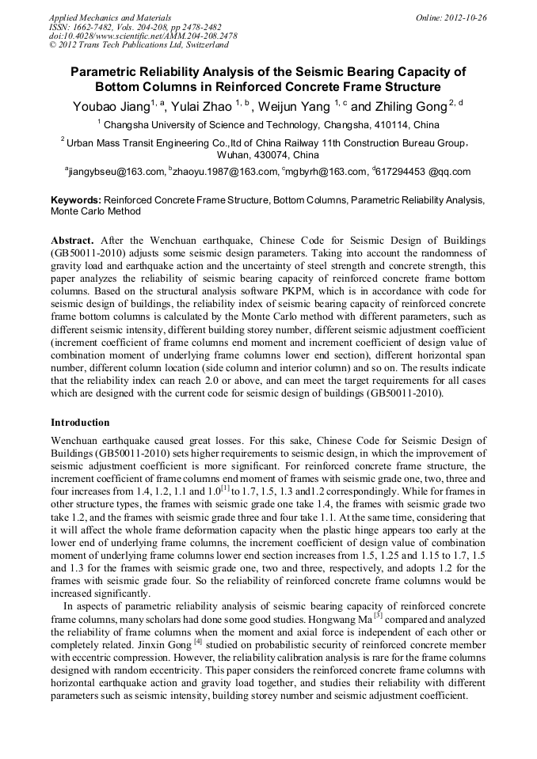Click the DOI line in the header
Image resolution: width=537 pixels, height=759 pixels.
pos(143,36)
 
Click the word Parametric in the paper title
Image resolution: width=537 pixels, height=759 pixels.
pos(109,72)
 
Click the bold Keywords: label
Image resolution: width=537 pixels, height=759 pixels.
pos(76,201)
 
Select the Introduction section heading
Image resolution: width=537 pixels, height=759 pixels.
pos(80,423)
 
